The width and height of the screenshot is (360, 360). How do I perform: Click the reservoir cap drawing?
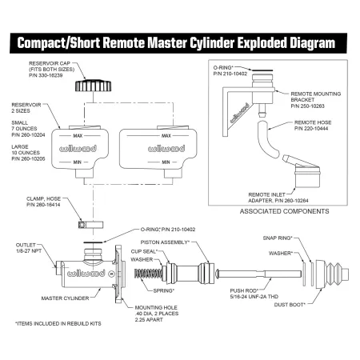click(93, 86)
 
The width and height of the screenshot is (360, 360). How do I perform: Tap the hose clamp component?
click(90, 225)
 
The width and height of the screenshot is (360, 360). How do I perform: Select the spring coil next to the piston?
click(148, 274)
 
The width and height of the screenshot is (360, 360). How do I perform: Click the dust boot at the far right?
click(332, 274)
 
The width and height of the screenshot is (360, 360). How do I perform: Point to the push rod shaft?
click(258, 274)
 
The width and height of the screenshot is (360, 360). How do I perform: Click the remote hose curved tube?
click(267, 139)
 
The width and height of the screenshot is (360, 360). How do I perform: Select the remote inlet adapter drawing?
click(302, 170)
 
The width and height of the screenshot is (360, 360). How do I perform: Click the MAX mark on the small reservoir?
click(78, 136)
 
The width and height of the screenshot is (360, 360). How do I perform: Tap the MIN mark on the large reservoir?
click(166, 162)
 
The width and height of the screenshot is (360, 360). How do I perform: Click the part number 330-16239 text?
click(46, 75)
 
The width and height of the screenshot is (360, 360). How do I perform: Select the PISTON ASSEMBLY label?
click(165, 242)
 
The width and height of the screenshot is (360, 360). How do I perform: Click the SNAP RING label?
click(278, 238)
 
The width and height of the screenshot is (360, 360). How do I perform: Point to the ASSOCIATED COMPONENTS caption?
click(284, 211)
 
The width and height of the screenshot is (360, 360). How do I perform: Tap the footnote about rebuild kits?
click(58, 323)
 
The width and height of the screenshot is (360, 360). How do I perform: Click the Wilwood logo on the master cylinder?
click(86, 274)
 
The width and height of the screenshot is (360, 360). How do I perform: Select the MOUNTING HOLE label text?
click(156, 307)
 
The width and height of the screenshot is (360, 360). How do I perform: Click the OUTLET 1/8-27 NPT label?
click(29, 248)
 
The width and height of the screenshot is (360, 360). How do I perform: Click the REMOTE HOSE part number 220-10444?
click(311, 129)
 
